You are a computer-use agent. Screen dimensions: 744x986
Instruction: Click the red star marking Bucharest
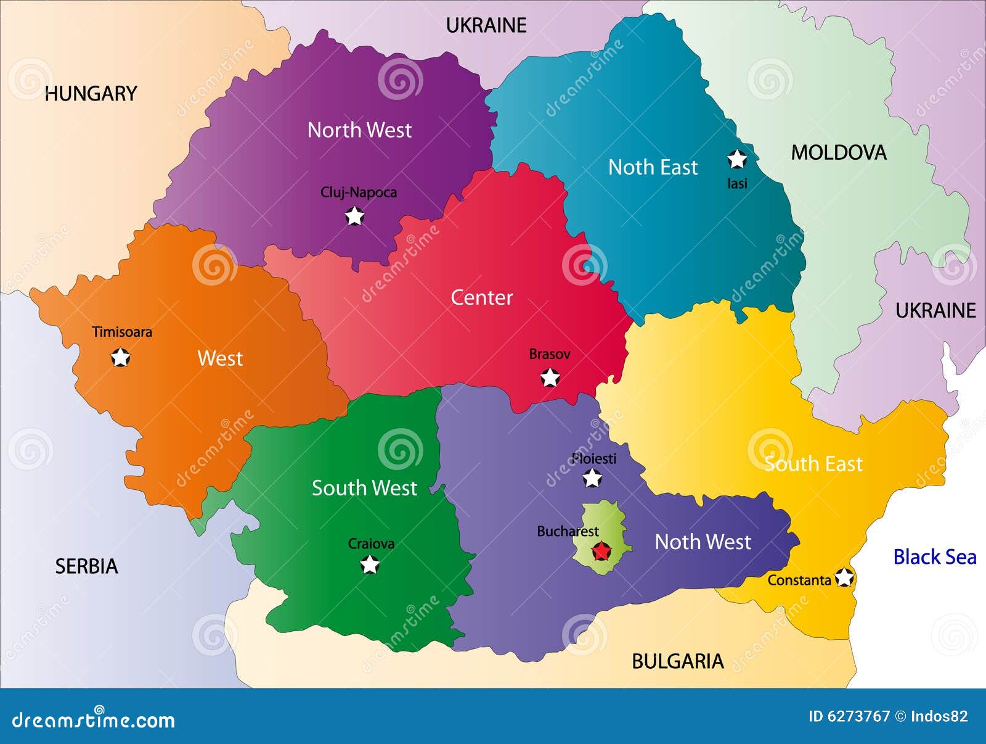pos(601,551)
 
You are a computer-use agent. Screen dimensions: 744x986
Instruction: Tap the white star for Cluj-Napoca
pos(354,217)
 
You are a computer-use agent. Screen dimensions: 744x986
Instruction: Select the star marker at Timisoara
pos(120,357)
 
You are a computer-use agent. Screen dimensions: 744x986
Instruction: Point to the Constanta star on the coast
pos(844,578)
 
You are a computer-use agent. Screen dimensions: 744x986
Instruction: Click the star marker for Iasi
pos(737,159)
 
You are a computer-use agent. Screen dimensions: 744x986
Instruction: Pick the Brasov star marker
pos(550,377)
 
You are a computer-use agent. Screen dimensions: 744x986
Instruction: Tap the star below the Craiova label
pos(370,564)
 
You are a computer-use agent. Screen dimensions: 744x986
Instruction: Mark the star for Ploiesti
pos(592,478)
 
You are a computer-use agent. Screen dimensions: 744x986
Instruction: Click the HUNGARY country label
pos(91,94)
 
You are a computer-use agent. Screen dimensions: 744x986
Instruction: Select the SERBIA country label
pos(86,566)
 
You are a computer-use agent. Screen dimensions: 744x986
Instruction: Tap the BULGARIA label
pos(677,661)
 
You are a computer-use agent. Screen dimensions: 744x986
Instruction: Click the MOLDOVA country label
pos(838,152)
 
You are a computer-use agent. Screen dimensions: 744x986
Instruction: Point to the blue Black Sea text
pos(934,557)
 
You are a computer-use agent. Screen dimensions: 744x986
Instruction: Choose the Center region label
pos(481,297)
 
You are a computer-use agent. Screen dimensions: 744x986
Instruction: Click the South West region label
pos(364,488)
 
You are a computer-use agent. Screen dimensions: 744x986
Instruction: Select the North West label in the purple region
pos(359,130)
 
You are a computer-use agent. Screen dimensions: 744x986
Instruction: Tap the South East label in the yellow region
pos(813,464)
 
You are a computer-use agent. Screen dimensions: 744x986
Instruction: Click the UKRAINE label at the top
pos(486,25)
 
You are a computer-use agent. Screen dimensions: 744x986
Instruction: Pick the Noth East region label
pos(653,167)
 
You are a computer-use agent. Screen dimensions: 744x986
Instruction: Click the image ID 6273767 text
pos(849,716)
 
